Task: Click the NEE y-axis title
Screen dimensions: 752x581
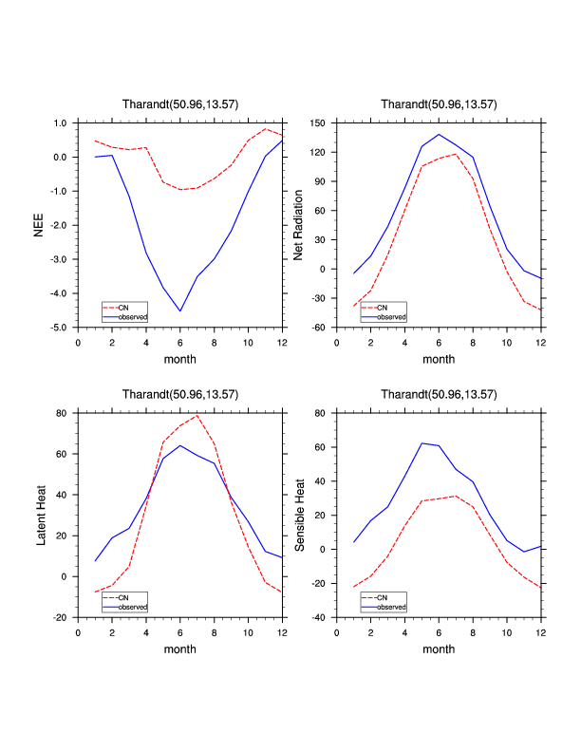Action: (39, 225)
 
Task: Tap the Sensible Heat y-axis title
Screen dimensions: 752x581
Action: (300, 515)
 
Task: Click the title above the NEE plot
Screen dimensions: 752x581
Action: (180, 104)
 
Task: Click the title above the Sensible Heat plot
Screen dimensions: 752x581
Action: (439, 394)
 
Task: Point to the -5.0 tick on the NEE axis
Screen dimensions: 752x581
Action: (59, 328)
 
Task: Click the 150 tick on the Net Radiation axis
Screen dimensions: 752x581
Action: (318, 123)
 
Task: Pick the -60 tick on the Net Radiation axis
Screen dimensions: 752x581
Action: (318, 328)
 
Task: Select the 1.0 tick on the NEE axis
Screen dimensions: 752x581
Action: (60, 123)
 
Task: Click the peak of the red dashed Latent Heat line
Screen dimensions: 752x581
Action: (197, 416)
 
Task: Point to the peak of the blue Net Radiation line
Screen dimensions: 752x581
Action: (439, 135)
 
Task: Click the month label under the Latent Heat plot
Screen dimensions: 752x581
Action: (180, 649)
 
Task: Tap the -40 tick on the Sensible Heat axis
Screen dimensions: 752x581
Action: (318, 617)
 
